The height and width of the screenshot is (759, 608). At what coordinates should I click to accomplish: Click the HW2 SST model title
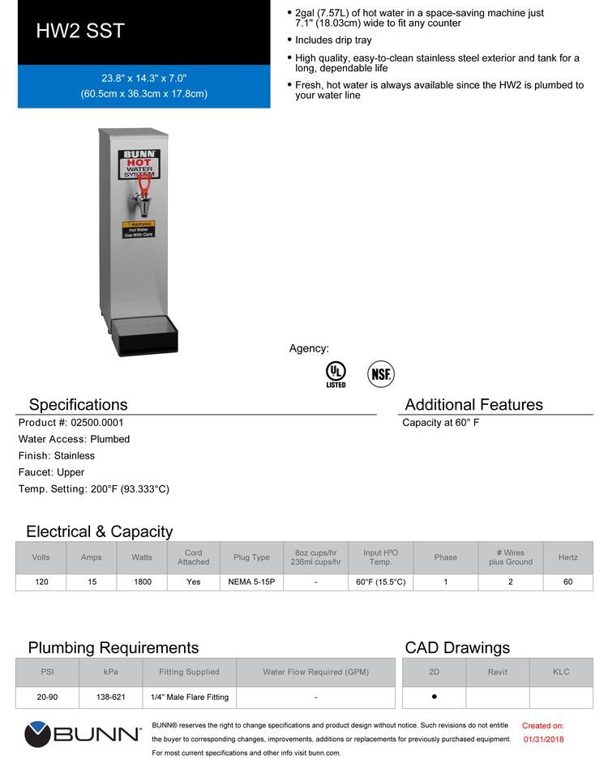pos(80,32)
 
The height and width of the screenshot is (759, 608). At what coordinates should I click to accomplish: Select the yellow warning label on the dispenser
pos(138,228)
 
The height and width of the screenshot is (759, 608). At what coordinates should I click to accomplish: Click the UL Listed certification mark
pos(336,373)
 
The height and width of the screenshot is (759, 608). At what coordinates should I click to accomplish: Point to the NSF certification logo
pos(381,373)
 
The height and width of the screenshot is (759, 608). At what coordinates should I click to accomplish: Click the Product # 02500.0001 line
pos(71,422)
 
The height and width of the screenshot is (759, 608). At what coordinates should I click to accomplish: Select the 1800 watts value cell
pos(141,582)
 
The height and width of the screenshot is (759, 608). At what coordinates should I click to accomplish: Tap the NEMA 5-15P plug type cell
pos(251,582)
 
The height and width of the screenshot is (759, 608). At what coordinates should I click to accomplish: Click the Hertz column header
pos(567,557)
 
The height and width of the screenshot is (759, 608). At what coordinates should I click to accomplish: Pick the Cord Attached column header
pos(193,557)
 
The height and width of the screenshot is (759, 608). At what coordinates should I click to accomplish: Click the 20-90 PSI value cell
pos(47,697)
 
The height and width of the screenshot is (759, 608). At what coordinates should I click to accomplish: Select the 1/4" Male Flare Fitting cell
pos(190,697)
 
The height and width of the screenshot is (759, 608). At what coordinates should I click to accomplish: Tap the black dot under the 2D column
pos(435,697)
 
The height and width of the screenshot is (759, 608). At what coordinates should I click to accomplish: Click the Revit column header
pos(498,672)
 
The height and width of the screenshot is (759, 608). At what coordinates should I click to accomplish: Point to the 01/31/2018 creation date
pos(543,739)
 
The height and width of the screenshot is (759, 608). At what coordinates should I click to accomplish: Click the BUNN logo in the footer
pos(83,735)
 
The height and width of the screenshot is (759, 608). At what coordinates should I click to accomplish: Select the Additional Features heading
pos(473,404)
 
